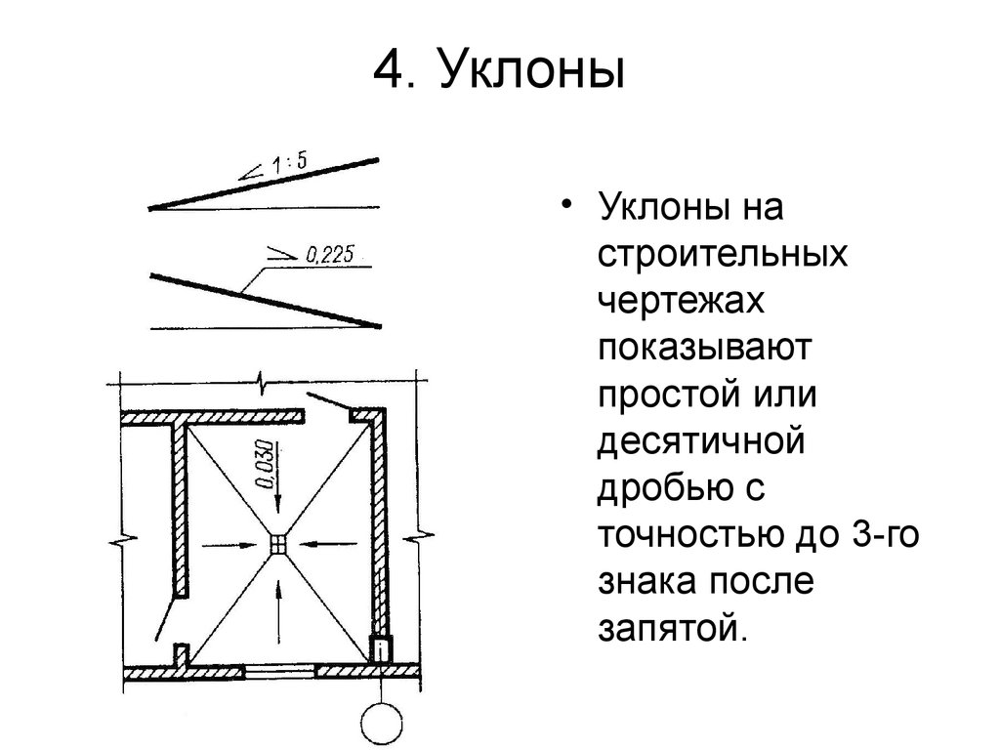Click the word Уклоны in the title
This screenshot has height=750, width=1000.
[530, 69]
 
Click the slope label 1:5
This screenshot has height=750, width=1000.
[289, 163]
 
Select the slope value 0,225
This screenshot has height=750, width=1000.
[330, 255]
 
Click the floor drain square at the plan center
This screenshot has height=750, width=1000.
[278, 545]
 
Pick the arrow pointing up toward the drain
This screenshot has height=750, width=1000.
[278, 611]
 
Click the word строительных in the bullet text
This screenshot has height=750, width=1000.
[723, 254]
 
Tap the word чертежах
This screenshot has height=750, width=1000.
[681, 301]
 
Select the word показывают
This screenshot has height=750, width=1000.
[704, 348]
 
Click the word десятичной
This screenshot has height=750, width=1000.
[701, 441]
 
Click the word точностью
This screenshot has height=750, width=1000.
[691, 535]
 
